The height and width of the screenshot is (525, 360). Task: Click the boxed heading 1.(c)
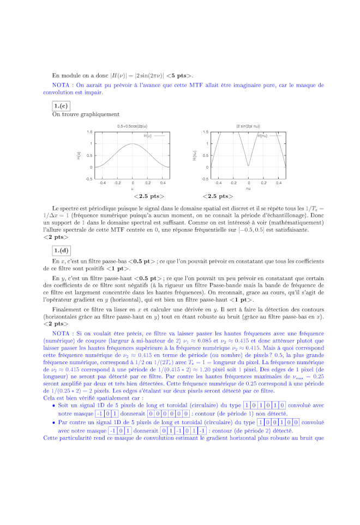61,105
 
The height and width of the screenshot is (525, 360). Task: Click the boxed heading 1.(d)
61,250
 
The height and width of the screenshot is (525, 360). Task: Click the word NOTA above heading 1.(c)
61,85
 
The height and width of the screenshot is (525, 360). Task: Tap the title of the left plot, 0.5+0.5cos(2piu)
132,126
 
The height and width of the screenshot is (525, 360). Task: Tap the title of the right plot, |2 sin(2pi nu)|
248,126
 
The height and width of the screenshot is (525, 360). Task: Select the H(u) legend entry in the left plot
148,135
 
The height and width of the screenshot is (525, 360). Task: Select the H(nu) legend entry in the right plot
263,135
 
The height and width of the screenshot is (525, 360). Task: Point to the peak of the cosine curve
133,144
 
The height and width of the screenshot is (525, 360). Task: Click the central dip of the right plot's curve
248,166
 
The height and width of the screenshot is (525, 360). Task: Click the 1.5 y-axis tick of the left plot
89,132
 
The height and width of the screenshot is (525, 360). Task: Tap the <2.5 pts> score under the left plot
148,196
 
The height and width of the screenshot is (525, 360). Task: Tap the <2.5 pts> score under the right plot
217,196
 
